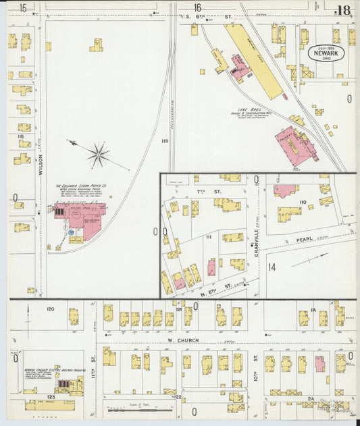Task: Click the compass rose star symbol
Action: point(99,155)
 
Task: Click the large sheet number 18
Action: point(344,9)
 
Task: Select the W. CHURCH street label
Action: point(184,340)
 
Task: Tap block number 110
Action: point(303,202)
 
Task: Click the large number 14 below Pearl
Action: point(272,267)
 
